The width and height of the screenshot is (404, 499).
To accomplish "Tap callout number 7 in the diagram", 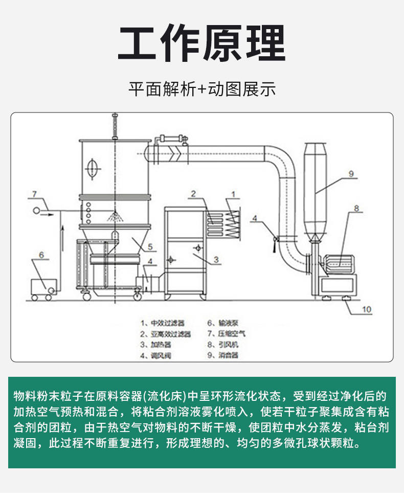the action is [34, 194].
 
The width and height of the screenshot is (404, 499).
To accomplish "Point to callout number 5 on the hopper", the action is [150, 246].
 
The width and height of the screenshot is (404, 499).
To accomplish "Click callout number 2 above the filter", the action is [194, 194].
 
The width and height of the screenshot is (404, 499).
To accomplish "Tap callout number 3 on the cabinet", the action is [216, 260].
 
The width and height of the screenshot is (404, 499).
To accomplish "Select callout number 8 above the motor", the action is [357, 208].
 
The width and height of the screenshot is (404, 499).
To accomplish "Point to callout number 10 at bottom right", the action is [367, 309].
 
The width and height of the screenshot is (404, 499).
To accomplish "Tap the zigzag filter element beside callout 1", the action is [233, 223].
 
